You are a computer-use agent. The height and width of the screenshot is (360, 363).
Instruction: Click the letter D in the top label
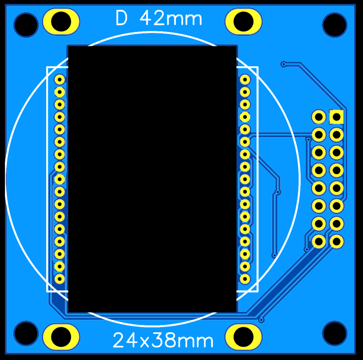coord(121,18)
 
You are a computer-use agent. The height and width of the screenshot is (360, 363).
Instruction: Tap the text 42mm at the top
coord(171,18)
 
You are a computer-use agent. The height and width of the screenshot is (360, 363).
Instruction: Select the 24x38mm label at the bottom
coord(163,340)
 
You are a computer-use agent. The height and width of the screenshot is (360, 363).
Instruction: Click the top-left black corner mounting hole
coord(26,24)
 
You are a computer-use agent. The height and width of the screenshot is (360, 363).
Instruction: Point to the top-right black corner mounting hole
coord(335,24)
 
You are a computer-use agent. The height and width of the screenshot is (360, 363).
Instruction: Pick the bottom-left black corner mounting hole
coord(26,333)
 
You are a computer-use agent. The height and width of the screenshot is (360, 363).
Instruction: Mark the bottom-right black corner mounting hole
coord(335,333)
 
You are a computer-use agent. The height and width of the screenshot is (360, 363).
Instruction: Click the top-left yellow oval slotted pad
coord(61,21)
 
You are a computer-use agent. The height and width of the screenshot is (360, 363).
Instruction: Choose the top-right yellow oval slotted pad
coord(243,21)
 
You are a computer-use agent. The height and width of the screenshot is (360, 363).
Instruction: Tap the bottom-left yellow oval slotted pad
coord(61,337)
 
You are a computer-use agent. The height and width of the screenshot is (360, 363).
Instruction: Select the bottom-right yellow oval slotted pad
coord(243,337)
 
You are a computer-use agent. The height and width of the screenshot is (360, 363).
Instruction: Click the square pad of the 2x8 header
coord(336,117)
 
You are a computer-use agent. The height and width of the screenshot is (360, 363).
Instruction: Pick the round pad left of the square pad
coord(319,117)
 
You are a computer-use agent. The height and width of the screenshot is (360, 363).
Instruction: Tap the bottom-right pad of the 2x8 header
coord(336,241)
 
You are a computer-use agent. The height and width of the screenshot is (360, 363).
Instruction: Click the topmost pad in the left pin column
coord(59,79)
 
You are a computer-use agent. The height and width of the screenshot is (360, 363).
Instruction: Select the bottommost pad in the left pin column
coord(59,278)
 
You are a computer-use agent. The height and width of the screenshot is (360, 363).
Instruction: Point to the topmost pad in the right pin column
coord(245,79)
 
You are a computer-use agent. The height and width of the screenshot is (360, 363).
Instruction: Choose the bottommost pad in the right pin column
coord(245,278)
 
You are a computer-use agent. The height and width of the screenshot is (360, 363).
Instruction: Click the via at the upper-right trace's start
coord(284,64)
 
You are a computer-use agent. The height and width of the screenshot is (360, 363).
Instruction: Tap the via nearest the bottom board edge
coord(261,320)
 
